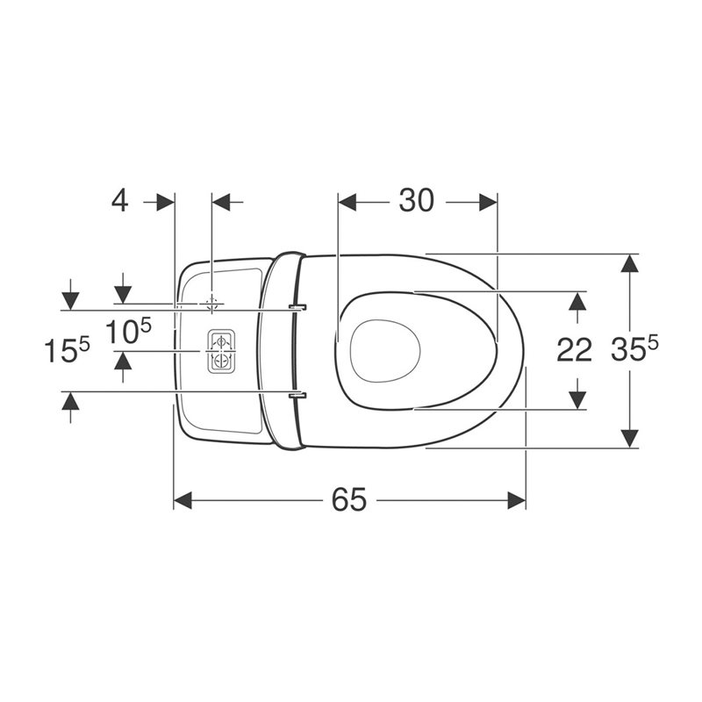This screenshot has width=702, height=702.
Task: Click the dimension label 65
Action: tap(349, 499)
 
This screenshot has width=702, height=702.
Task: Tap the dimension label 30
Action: tap(416, 200)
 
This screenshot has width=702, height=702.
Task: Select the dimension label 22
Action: tap(574, 349)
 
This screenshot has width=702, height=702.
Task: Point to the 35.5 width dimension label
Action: tap(634, 347)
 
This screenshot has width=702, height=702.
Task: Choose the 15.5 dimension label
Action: tap(67, 349)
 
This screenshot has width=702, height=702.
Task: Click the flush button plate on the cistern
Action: tap(221, 352)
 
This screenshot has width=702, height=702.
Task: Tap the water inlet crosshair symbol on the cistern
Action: tap(211, 304)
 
